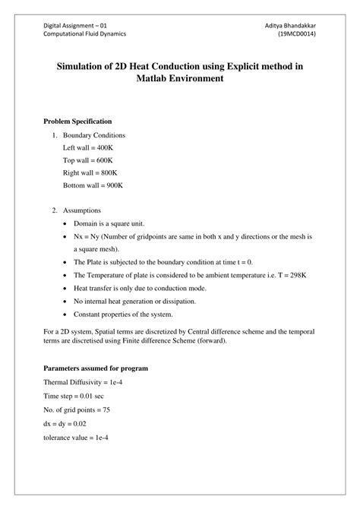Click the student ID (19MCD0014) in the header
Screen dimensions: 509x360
(297, 35)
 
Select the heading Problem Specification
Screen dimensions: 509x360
(77, 122)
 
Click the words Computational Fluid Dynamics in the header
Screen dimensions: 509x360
(84, 35)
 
